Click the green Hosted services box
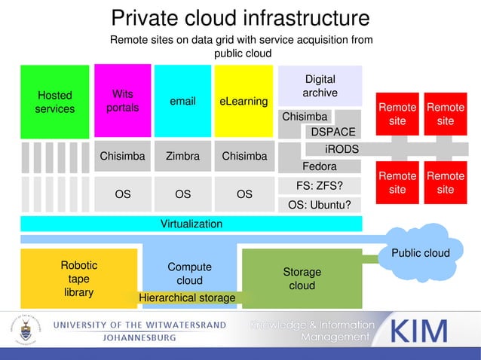coord(54,102)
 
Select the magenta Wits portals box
coord(121,102)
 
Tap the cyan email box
coord(182,102)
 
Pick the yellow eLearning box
coord(244,102)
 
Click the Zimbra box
coord(182,157)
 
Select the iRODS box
coord(342,149)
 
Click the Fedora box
coord(319,166)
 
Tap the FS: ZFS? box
coord(320,185)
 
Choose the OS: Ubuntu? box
coord(320,205)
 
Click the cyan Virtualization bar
coord(191,224)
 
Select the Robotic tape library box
coord(78,279)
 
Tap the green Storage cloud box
coord(302,278)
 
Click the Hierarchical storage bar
coord(187,299)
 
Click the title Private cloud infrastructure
coord(240,18)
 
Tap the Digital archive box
coord(320,86)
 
